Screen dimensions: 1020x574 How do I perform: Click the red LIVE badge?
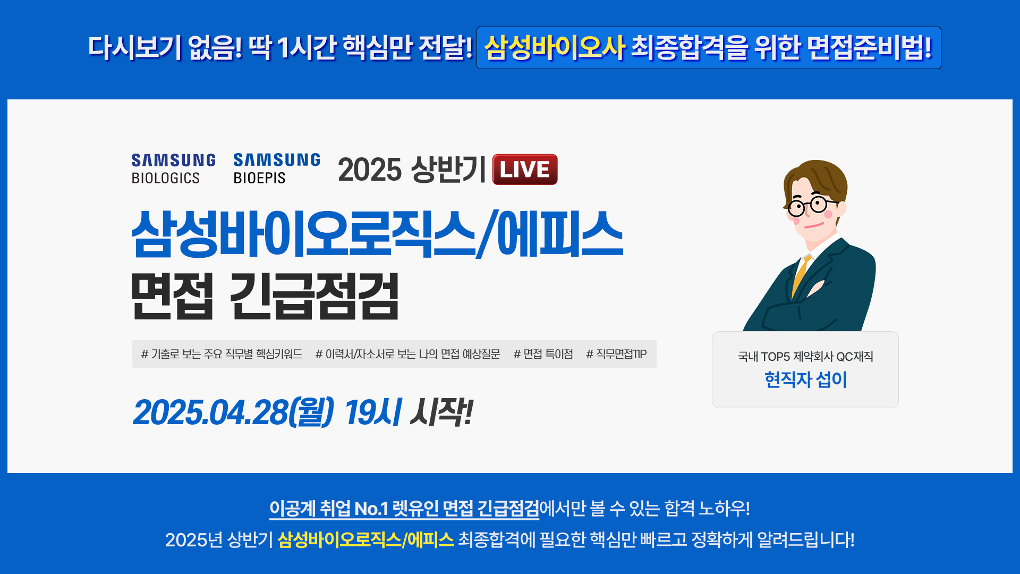(525, 170)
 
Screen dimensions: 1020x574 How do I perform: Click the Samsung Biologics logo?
(173, 169)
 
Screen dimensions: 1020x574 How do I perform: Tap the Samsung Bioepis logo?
(277, 168)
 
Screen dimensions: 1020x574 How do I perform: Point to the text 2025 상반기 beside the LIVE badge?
(412, 170)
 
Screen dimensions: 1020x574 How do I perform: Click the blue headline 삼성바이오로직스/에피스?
(377, 234)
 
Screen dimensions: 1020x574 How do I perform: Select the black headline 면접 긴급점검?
(265, 296)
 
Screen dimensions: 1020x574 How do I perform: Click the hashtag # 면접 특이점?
(543, 354)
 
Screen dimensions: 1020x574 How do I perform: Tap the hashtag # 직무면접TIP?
(616, 354)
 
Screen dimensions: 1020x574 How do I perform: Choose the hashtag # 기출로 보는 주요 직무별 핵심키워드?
(222, 354)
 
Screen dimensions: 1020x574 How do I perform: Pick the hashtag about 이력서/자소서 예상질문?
(407, 354)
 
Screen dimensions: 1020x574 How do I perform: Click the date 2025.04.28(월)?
(234, 412)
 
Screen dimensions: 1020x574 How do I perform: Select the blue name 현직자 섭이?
(805, 379)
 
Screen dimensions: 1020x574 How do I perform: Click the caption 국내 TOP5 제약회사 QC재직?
(805, 357)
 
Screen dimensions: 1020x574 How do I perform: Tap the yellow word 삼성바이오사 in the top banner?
(555, 48)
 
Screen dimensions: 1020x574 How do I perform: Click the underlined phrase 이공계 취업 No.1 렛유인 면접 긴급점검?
(404, 509)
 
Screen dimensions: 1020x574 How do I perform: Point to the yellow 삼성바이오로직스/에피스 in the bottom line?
(365, 540)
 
